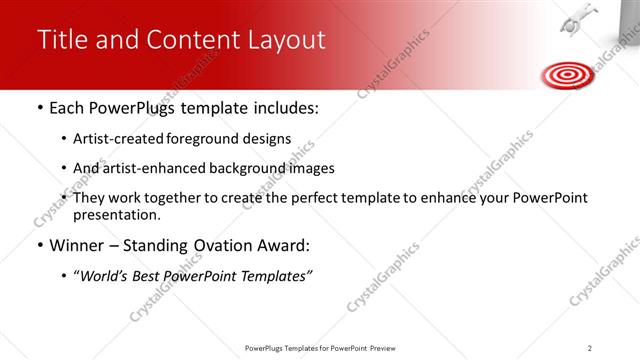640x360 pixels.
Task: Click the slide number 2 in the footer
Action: point(589,347)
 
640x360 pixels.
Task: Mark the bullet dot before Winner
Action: point(39,246)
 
